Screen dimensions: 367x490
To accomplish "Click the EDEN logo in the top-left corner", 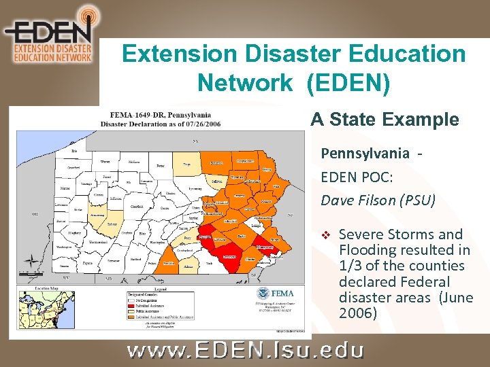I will pos(48,34).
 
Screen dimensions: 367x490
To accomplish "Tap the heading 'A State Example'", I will pos(385,120).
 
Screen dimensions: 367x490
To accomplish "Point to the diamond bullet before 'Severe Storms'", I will pos(325,235).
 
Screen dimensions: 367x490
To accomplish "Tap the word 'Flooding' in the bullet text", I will pos(366,250).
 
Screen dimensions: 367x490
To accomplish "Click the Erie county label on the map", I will pos(73,150).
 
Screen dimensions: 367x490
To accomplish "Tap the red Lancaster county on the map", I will pos(231,256).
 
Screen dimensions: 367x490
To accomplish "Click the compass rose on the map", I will pos(31,260).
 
